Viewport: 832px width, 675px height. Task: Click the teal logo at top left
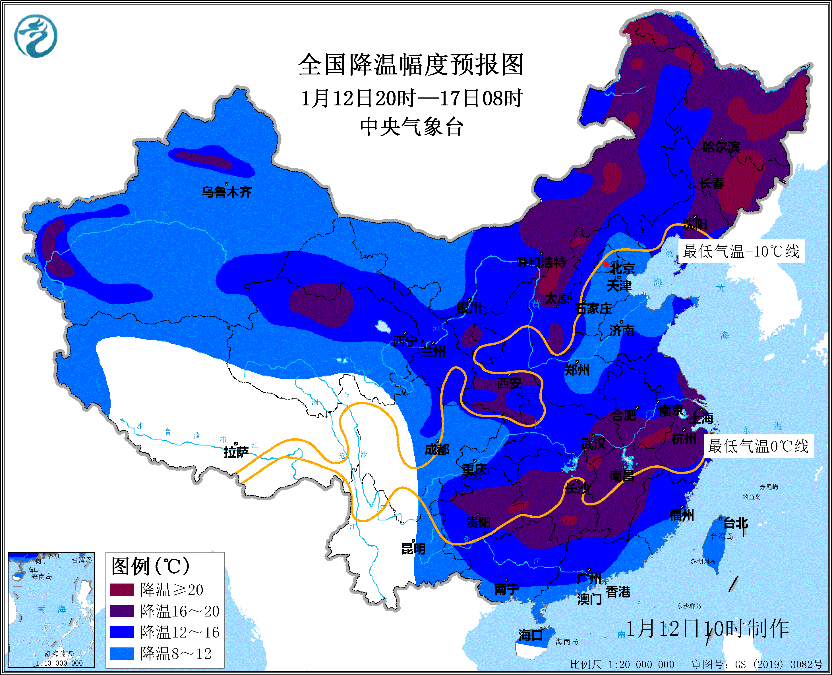click(36, 36)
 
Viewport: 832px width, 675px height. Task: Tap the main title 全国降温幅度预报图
click(411, 65)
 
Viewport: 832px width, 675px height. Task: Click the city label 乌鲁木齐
click(227, 192)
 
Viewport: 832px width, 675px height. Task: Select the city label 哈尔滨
click(721, 147)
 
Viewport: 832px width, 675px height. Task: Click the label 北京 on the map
click(622, 268)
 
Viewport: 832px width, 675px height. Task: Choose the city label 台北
click(735, 523)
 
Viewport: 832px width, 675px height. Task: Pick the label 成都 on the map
click(437, 450)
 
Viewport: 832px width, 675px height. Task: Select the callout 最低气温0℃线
click(758, 446)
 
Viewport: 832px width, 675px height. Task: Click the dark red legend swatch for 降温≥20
click(122, 590)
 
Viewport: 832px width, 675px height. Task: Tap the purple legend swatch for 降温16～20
click(122, 611)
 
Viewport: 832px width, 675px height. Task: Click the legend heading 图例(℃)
click(150, 566)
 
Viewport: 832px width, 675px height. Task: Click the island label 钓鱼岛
click(752, 497)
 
